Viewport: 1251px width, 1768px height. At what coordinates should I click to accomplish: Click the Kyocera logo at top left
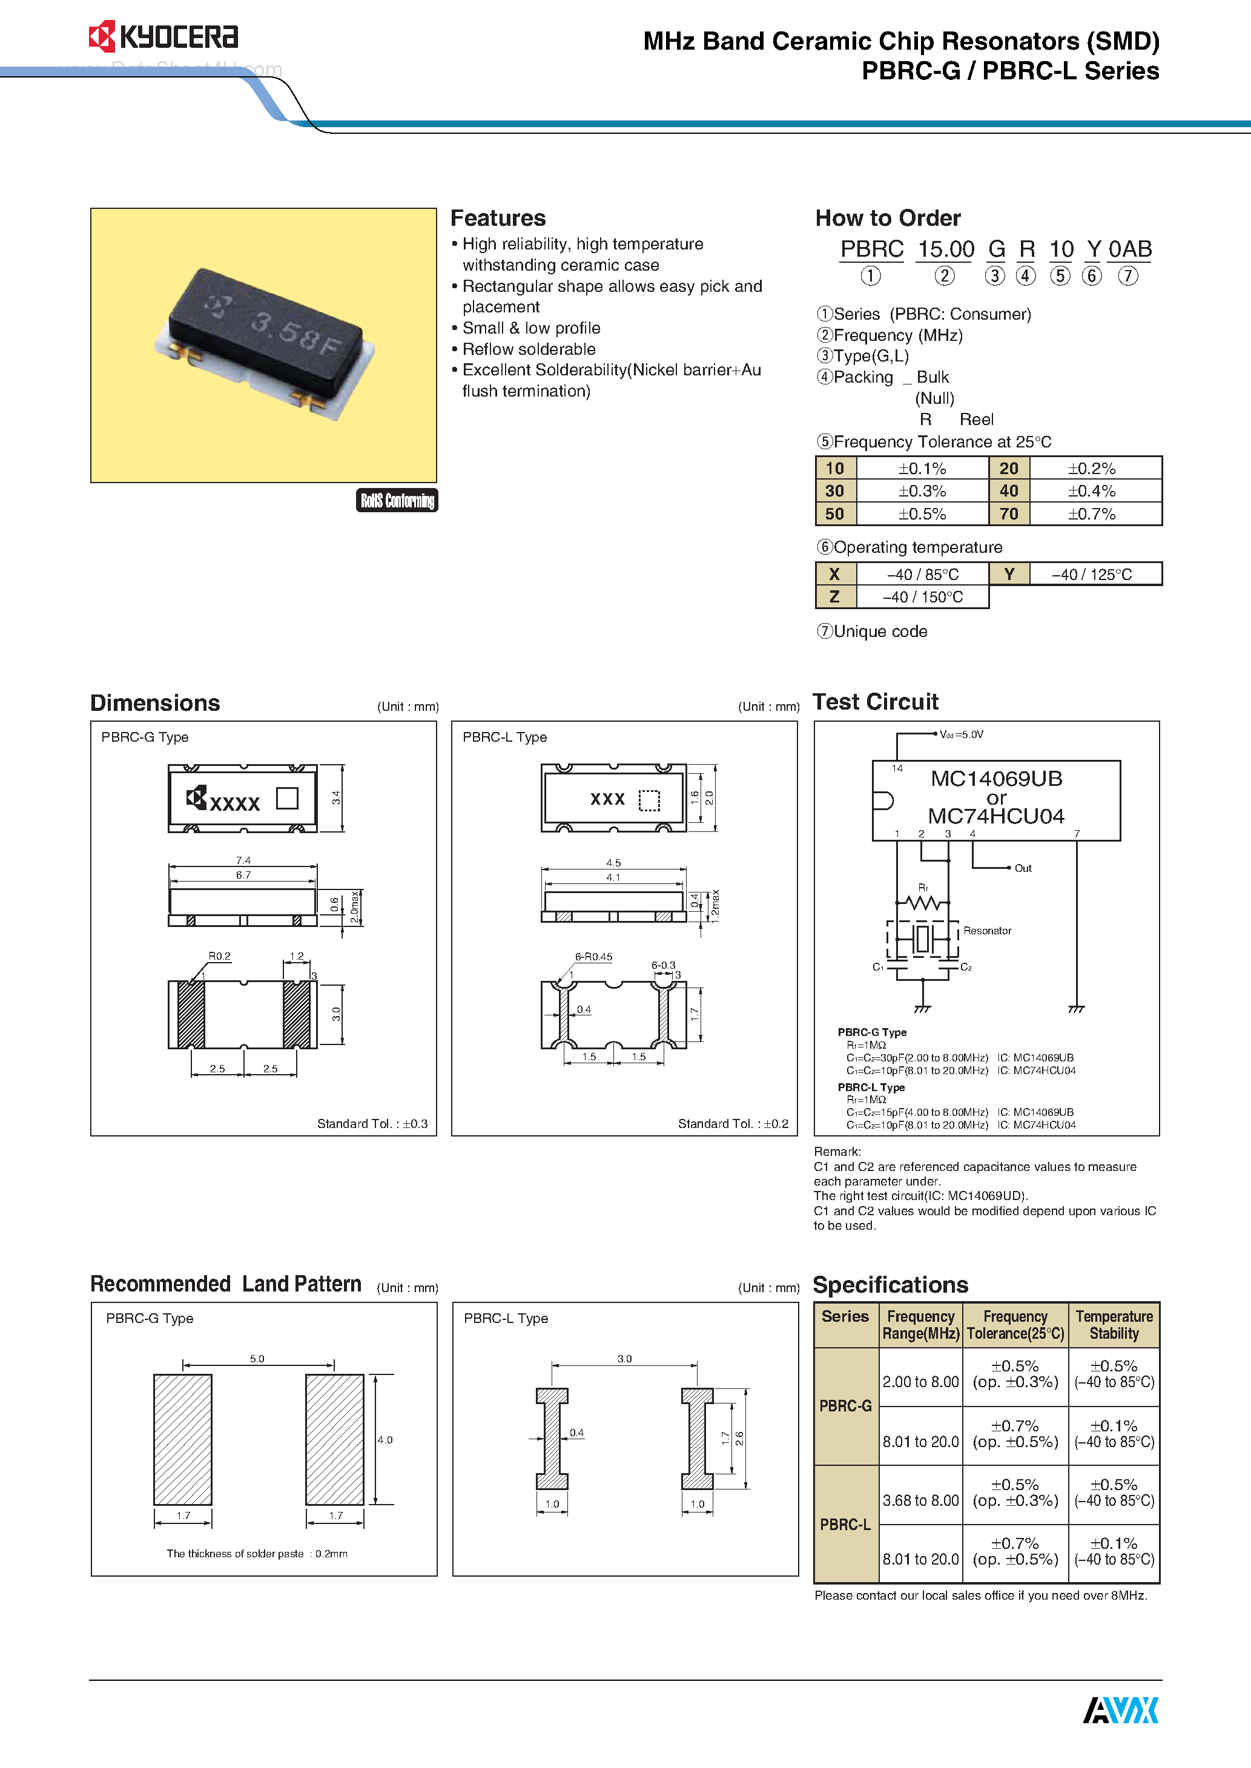tap(163, 36)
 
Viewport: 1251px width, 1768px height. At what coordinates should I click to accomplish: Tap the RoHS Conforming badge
tap(397, 501)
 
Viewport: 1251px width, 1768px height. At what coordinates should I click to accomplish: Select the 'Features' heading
tap(498, 219)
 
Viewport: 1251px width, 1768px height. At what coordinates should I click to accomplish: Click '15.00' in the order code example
tap(945, 249)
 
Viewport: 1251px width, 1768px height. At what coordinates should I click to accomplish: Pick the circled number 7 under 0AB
tap(1127, 275)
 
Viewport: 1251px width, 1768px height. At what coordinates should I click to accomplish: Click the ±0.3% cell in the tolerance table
tap(922, 491)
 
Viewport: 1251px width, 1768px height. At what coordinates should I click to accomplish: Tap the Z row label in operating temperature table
tap(834, 597)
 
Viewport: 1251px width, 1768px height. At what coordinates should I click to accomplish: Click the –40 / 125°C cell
tap(1092, 575)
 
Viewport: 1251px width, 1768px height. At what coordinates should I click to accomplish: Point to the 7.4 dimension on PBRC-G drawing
tap(243, 860)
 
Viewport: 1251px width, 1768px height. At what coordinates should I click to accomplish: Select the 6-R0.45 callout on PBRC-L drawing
tap(593, 957)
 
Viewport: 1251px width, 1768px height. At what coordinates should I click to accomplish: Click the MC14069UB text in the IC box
tap(996, 779)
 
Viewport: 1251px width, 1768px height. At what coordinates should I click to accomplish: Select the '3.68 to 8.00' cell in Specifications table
tap(920, 1500)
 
